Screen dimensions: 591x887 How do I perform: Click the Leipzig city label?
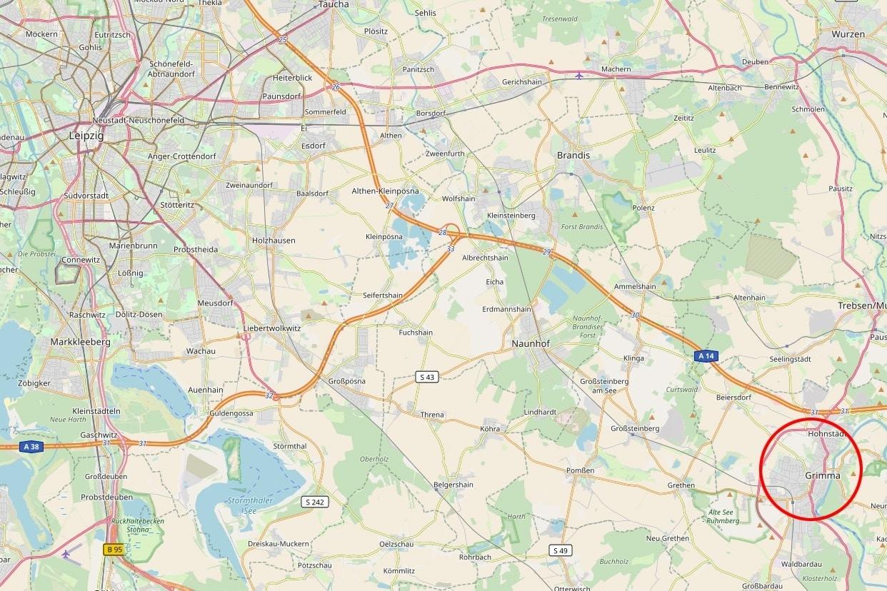86,135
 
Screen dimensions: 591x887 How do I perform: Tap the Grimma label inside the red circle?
822,475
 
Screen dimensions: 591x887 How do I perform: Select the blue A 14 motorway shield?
706,355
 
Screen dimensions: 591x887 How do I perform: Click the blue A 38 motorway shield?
30,447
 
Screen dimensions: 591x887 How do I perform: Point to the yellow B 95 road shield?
114,549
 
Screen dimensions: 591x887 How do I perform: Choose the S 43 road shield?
426,377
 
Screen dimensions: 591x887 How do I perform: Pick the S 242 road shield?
315,502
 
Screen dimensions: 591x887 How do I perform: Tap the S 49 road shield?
561,550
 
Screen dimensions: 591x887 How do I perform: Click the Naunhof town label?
531,343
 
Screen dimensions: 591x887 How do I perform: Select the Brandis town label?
573,155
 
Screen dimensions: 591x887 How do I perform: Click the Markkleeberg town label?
80,342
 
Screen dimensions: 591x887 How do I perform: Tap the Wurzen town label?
848,34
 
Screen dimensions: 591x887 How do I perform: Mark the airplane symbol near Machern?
578,75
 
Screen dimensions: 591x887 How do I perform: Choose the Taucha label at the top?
334,4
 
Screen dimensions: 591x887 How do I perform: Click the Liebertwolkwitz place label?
273,328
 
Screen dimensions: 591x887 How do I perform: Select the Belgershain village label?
453,485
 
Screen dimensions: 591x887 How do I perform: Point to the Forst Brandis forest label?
581,227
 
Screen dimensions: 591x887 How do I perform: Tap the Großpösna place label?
346,381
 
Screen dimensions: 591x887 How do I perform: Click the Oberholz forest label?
374,459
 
